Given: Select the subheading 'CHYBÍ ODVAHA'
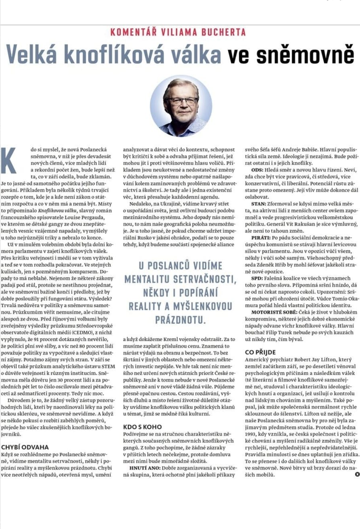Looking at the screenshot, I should [x=25, y=447].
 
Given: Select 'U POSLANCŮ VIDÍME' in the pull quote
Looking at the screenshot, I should [x=180, y=266].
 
